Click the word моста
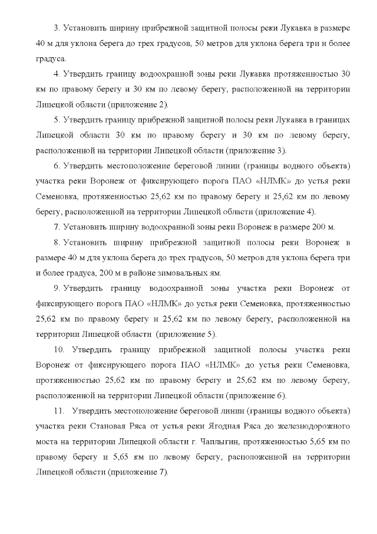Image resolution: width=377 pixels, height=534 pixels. point(48,441)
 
